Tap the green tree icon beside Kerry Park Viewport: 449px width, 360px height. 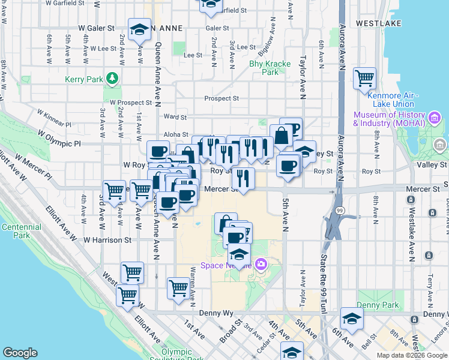111,78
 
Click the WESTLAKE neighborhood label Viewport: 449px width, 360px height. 378,23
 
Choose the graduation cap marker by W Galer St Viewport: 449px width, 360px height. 139,29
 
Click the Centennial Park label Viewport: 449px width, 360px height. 17,232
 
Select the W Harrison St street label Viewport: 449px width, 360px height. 107,240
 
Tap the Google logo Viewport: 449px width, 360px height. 20,353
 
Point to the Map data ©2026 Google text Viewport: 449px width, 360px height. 411,355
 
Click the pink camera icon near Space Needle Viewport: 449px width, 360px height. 261,263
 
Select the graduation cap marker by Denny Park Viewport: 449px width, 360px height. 352,319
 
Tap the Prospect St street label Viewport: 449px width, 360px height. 221,98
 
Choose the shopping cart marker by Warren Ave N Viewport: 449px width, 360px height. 178,289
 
